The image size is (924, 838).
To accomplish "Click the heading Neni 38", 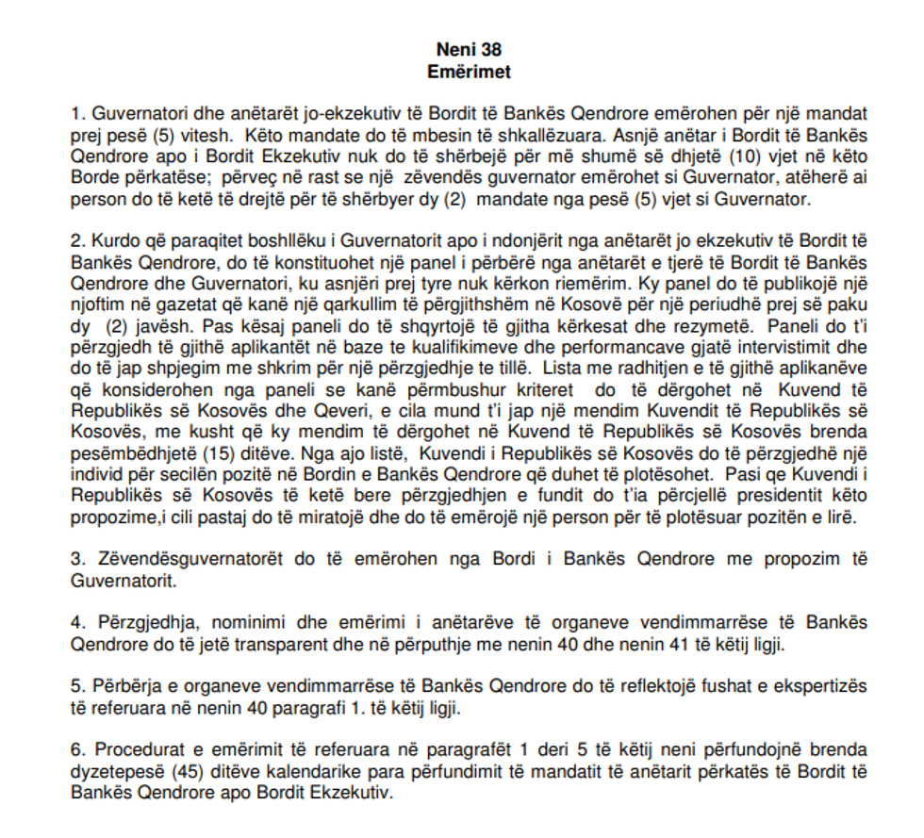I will click(462, 48).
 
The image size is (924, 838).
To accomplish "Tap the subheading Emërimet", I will click(462, 69).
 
